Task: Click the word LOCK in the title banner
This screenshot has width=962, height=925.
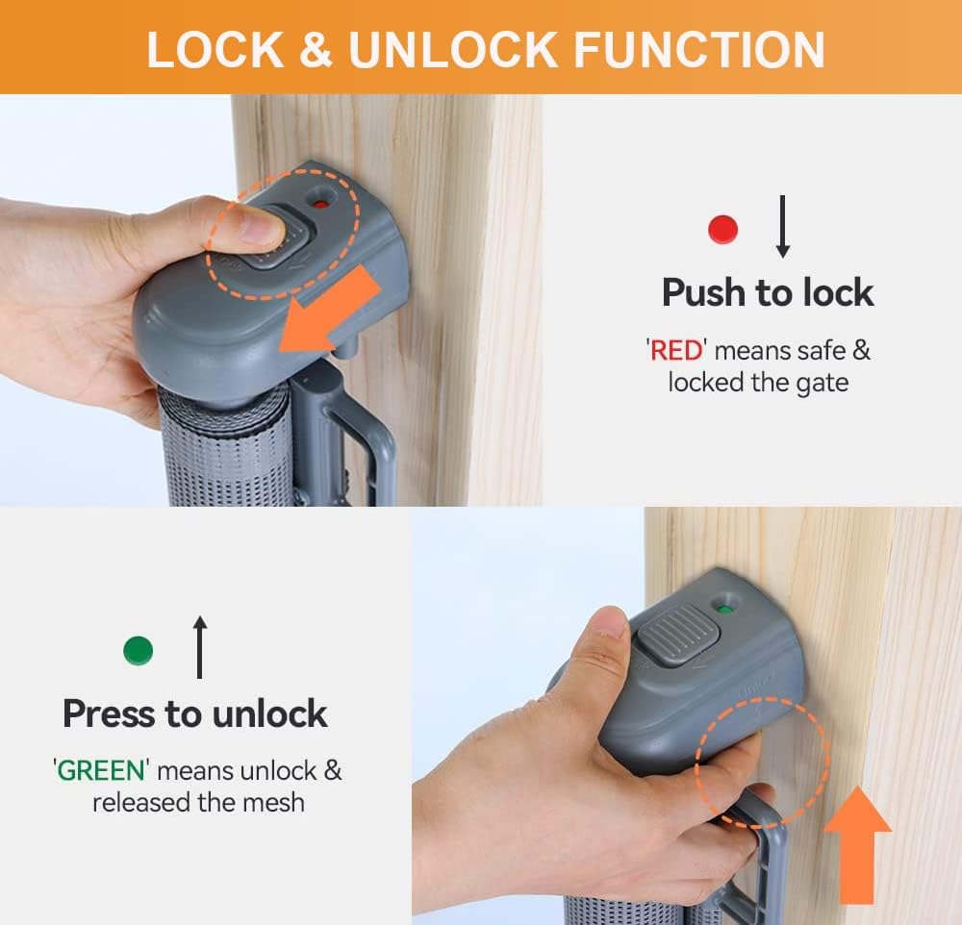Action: [x=215, y=50]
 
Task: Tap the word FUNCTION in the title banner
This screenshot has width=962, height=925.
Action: [x=699, y=50]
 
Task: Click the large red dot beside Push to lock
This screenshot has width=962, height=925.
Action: [x=722, y=229]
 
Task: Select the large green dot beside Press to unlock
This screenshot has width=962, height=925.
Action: [x=138, y=651]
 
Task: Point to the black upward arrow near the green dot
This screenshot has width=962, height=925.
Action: [x=200, y=648]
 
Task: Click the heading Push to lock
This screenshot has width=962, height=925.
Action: [x=767, y=292]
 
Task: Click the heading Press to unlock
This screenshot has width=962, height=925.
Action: [x=195, y=713]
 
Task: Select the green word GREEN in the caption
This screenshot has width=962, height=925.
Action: [x=101, y=770]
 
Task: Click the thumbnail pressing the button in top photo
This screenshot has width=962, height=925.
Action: [x=261, y=228]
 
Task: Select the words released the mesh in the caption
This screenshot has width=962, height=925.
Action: [x=197, y=802]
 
